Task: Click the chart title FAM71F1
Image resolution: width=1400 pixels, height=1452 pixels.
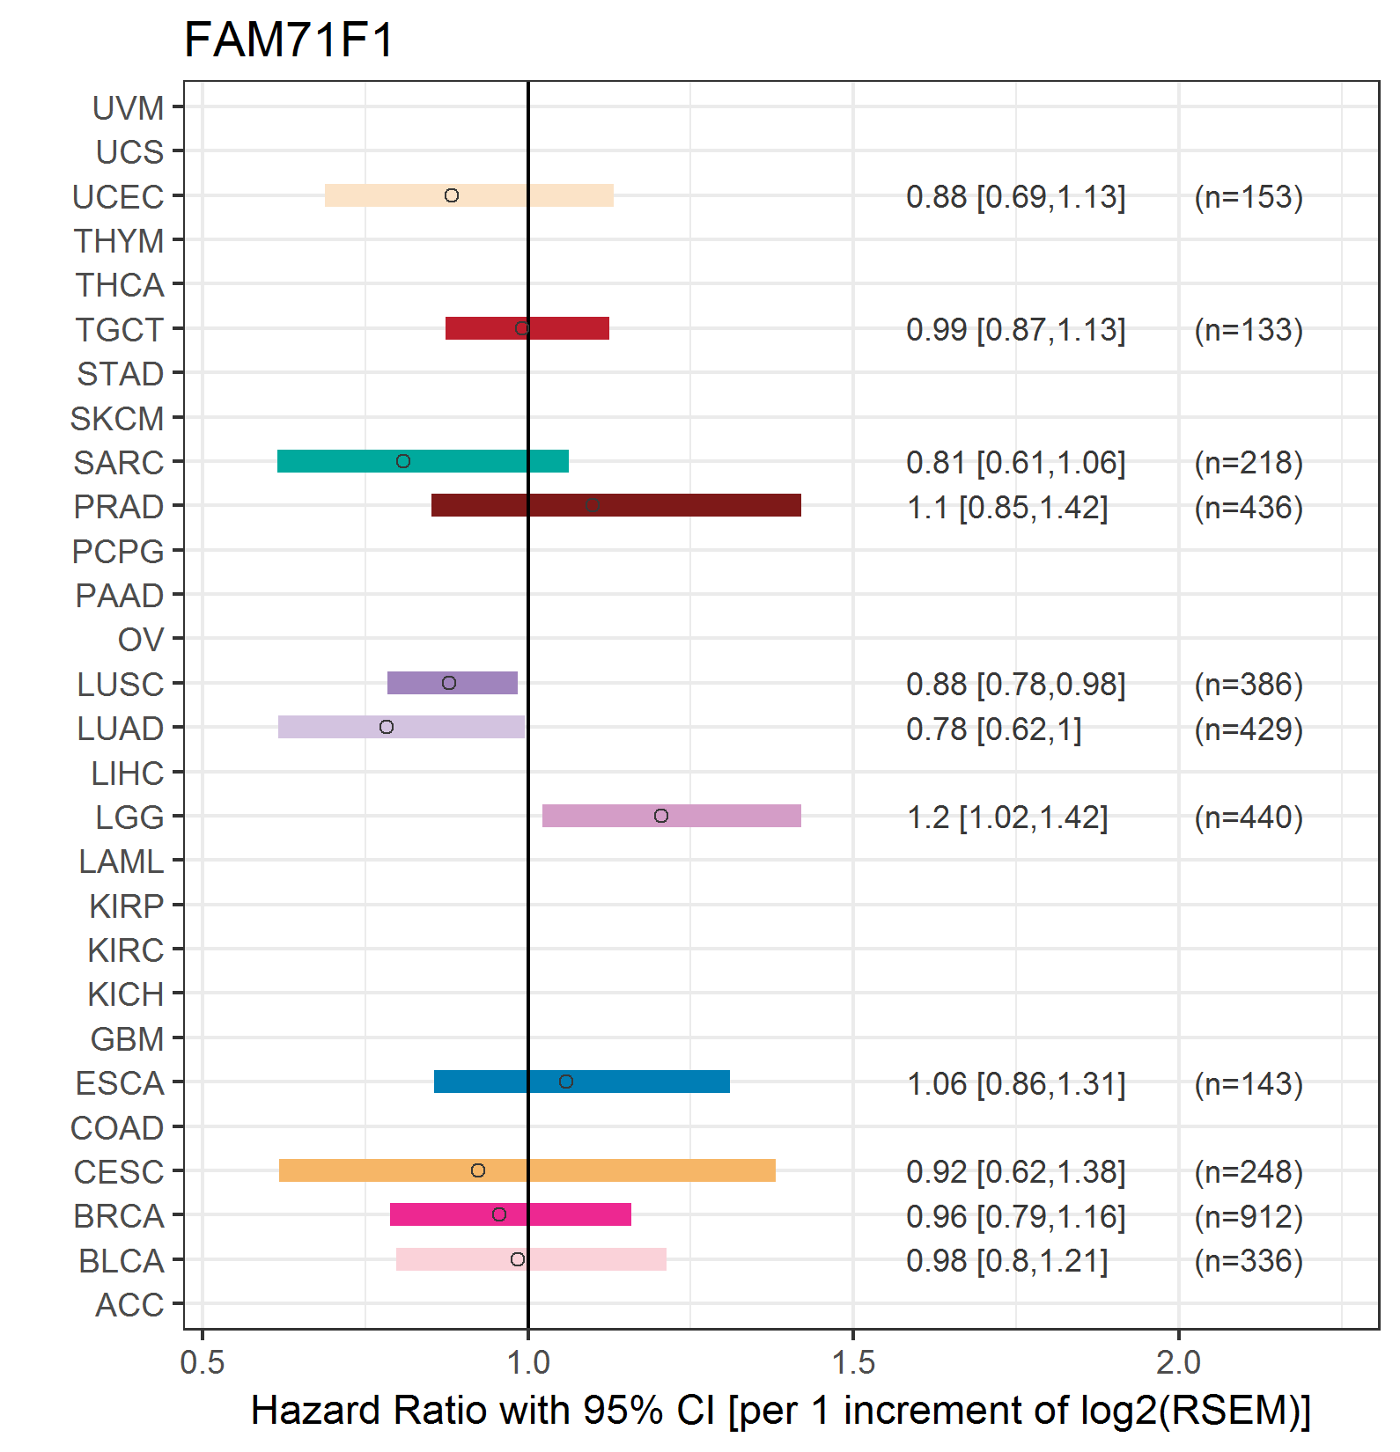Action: [289, 40]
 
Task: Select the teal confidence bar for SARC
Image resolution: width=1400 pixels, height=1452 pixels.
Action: [423, 461]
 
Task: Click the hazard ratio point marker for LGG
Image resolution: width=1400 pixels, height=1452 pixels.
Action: [661, 816]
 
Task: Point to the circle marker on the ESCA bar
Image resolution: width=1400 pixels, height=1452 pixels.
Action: [566, 1082]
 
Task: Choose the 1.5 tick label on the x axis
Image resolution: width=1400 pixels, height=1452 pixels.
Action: [853, 1363]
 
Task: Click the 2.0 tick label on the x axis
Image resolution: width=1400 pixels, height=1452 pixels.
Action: [1178, 1363]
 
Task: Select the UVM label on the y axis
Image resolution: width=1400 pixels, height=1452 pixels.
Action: [129, 108]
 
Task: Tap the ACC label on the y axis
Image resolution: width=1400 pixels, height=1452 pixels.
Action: [129, 1305]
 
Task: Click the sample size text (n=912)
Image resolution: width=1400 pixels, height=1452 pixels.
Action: [1249, 1216]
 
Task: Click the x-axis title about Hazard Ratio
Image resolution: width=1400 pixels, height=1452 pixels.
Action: [780, 1411]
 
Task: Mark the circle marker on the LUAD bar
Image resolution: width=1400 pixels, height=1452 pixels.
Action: [387, 727]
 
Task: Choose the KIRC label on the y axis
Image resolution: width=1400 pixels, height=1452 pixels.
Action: [126, 950]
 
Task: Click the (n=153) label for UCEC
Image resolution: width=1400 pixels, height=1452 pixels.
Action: [1249, 196]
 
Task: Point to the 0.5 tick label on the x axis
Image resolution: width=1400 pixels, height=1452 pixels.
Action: [203, 1363]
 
